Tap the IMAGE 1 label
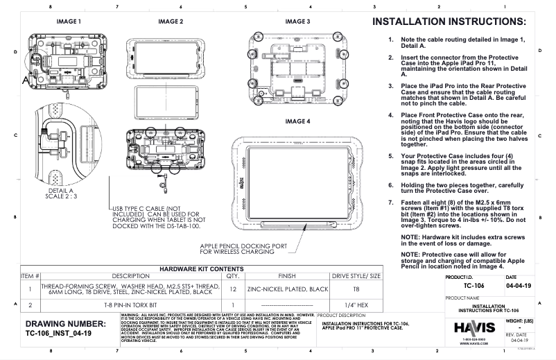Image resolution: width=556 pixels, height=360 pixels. pyautogui.click(x=69, y=22)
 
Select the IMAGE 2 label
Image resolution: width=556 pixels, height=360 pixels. pyautogui.click(x=170, y=22)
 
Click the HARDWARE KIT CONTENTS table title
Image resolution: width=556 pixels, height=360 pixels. pyautogui.click(x=201, y=268)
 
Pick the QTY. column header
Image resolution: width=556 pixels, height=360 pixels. pyautogui.click(x=232, y=276)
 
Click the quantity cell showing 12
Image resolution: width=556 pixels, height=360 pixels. pyautogui.click(x=232, y=289)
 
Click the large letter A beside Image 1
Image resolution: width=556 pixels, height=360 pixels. pyautogui.click(x=27, y=80)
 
